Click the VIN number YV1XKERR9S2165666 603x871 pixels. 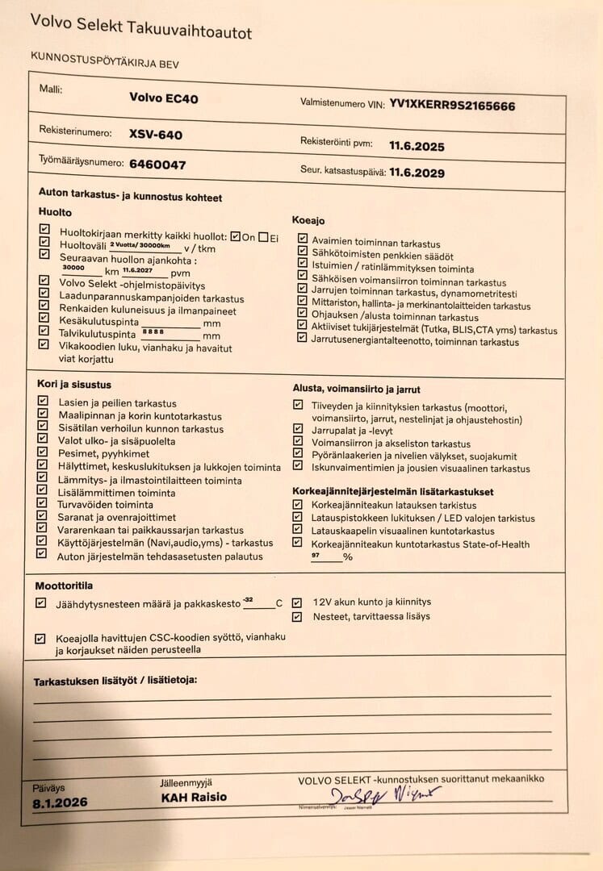pyautogui.click(x=452, y=105)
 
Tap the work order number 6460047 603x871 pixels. pyautogui.click(x=157, y=165)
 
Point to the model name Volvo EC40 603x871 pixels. pyautogui.click(x=163, y=98)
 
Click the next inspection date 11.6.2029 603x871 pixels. pyautogui.click(x=417, y=172)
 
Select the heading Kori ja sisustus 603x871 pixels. pyautogui.click(x=74, y=385)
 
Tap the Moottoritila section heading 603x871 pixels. pyautogui.click(x=69, y=586)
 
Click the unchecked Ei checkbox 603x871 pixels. pyautogui.click(x=263, y=237)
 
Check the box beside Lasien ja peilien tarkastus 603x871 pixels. pyautogui.click(x=44, y=402)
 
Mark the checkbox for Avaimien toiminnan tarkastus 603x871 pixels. pyautogui.click(x=302, y=240)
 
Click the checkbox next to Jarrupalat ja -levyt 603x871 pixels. pyautogui.click(x=298, y=431)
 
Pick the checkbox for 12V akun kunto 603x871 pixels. pyautogui.click(x=297, y=602)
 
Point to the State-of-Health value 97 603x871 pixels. pyautogui.click(x=316, y=556)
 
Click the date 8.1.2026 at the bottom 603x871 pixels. pyautogui.click(x=60, y=802)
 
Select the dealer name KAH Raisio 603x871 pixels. pyautogui.click(x=193, y=797)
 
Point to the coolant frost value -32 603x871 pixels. pyautogui.click(x=248, y=599)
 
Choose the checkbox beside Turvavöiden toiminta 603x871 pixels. pyautogui.click(x=44, y=504)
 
